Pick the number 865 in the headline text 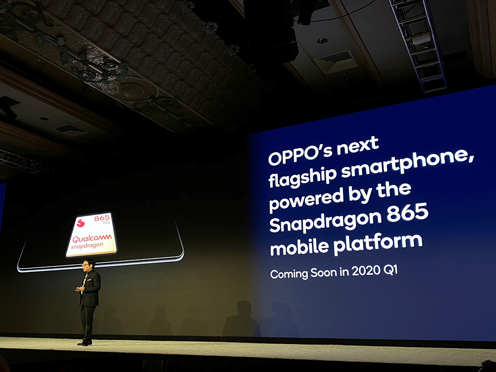(407, 214)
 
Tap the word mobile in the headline (299, 247)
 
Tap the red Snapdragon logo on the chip (81, 223)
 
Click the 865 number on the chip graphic (102, 218)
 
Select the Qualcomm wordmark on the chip (91, 238)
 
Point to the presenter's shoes (85, 343)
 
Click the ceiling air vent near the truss (337, 62)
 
